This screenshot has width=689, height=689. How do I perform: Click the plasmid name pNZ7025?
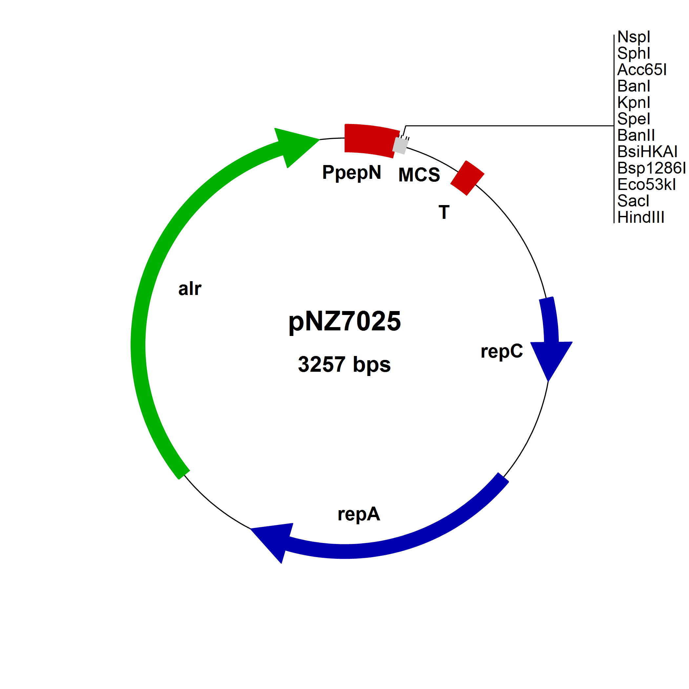(x=344, y=321)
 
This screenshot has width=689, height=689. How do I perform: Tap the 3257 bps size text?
(x=344, y=364)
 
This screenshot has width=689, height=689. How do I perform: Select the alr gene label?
(x=190, y=288)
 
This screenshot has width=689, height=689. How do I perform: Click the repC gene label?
(x=501, y=351)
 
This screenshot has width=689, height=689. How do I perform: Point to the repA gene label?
(x=359, y=514)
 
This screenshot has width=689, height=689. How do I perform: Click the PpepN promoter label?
(x=351, y=173)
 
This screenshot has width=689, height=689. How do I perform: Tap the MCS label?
(x=419, y=175)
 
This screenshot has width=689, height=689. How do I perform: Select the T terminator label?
(x=444, y=213)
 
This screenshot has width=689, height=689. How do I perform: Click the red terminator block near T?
(x=467, y=178)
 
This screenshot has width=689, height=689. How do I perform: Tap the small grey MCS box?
(x=401, y=145)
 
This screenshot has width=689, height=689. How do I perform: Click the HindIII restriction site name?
(x=640, y=217)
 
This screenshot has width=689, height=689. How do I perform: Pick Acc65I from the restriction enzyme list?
(x=641, y=70)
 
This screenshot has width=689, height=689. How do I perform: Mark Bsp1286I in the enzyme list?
(x=651, y=168)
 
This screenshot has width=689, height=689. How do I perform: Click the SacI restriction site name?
(x=633, y=201)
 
